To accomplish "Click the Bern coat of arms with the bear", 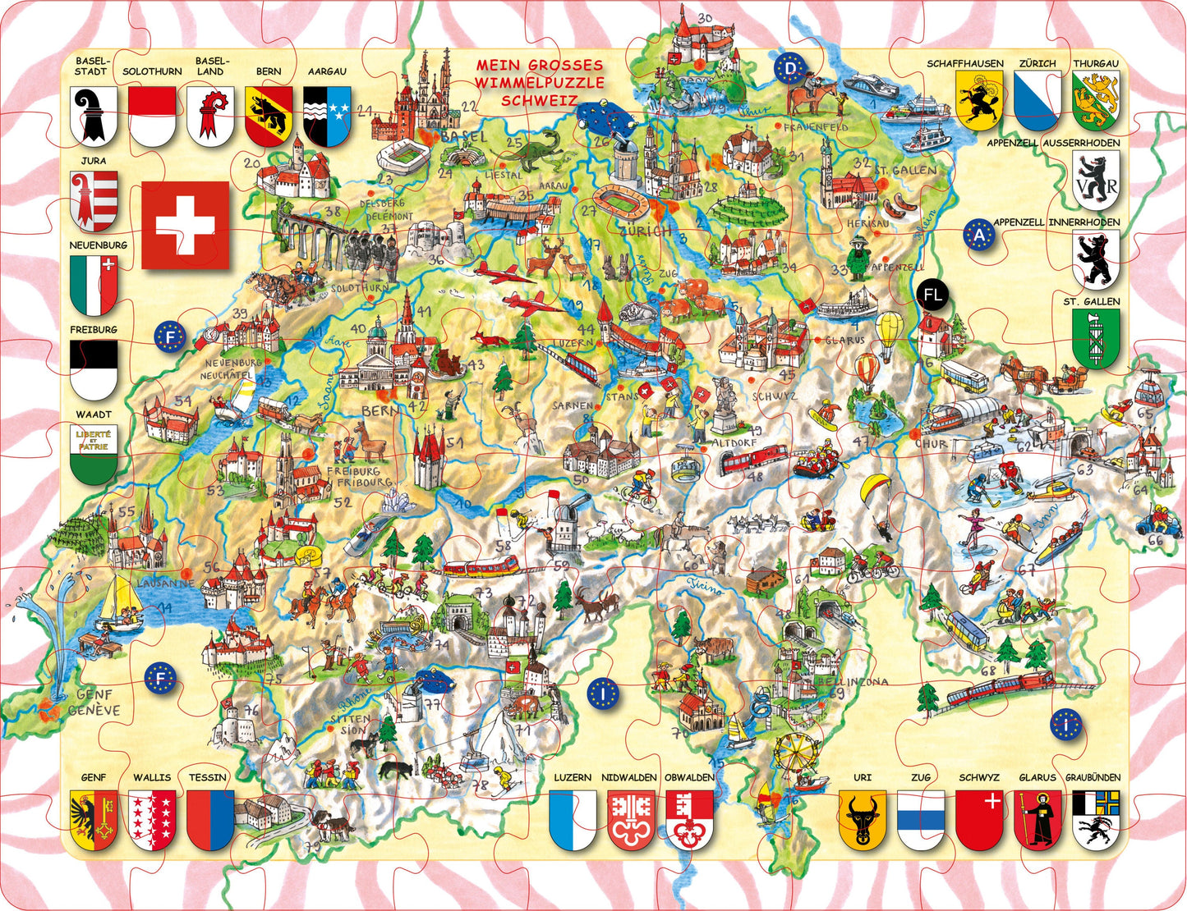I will coord(269,116).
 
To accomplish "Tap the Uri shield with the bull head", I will coord(862,817).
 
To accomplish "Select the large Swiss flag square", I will coord(185,225).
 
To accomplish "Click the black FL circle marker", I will coord(932,295).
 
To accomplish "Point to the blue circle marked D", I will coord(790,69).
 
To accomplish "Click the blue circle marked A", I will coord(978,236).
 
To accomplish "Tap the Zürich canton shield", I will coord(1037,100).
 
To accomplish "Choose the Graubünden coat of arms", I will coord(1096,817).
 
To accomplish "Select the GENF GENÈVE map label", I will coord(94,703).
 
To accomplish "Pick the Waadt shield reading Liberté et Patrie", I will coord(94,454).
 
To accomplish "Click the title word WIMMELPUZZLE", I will coord(541,83).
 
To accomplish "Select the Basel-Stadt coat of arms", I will coord(93,116).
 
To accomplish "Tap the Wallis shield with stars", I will coord(152,818).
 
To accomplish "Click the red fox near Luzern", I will coord(491,340).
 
